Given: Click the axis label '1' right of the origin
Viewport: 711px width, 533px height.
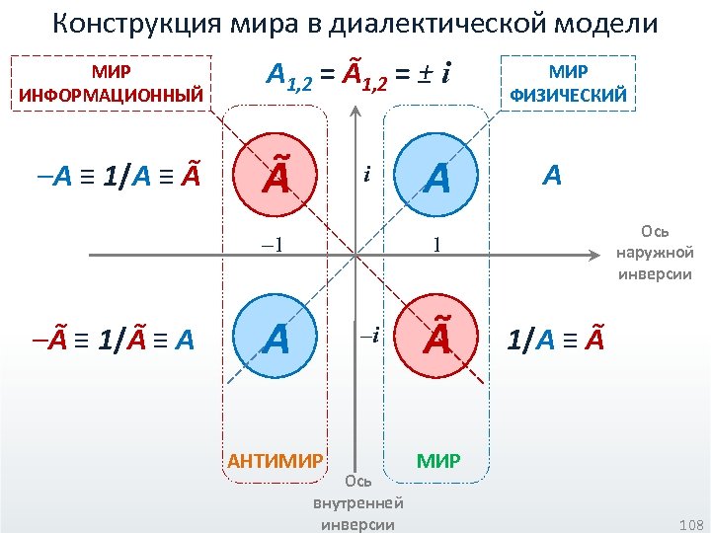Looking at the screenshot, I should pos(435,245).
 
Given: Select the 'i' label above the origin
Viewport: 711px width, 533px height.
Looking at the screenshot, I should pos(366,176).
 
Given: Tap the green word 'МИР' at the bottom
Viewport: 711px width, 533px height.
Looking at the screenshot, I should pos(437,460).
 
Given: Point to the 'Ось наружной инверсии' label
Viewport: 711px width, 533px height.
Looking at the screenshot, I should pos(655,252).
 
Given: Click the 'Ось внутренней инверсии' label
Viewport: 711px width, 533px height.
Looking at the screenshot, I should pos(357,503).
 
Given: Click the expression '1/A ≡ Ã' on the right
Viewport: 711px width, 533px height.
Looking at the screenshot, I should pos(555,341).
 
